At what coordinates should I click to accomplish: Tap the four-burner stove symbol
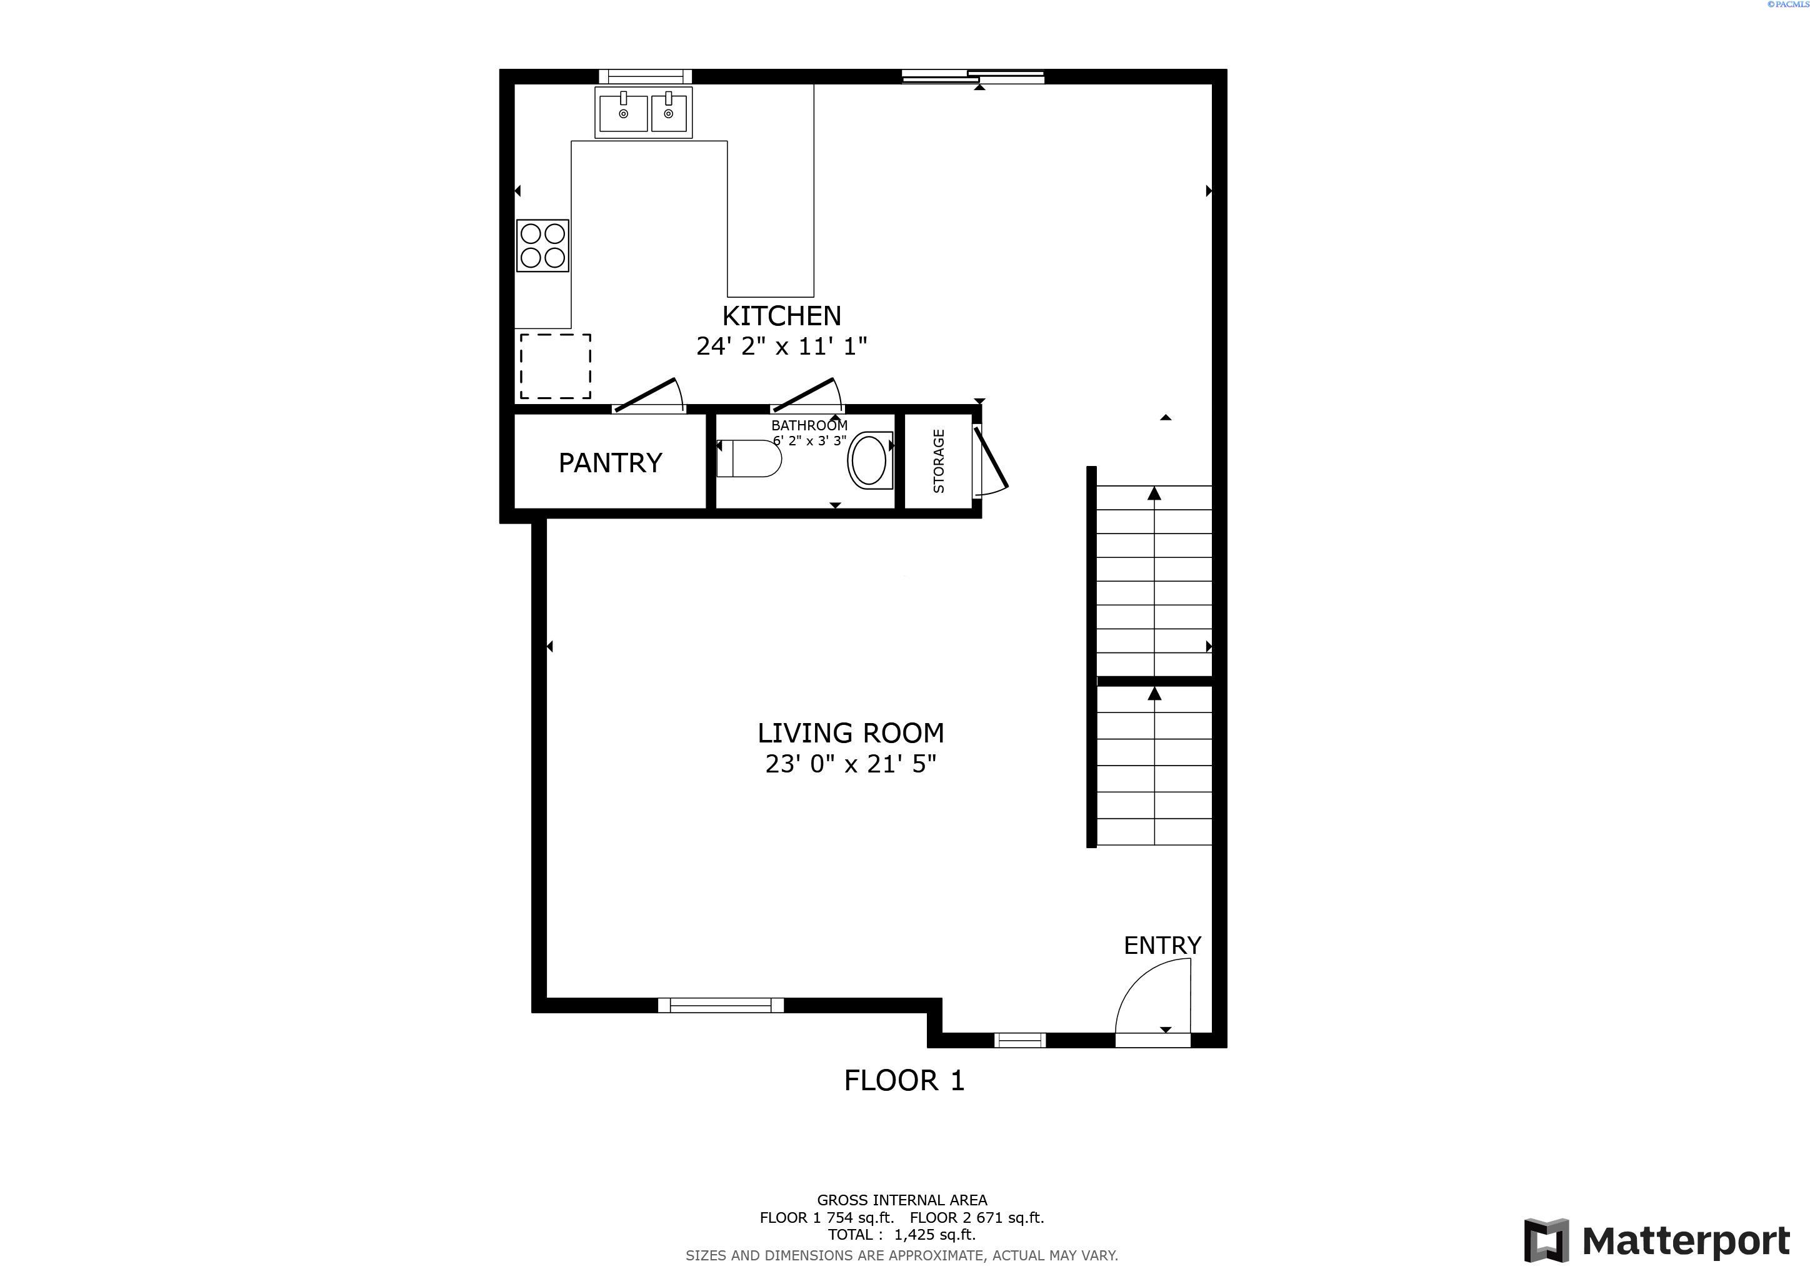[x=542, y=245]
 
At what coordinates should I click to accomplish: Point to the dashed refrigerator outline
[x=555, y=366]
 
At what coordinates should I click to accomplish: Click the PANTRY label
[x=610, y=462]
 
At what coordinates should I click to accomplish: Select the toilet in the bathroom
[x=748, y=458]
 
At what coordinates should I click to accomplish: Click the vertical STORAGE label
[x=939, y=462]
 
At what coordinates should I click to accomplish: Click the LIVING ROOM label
[x=851, y=733]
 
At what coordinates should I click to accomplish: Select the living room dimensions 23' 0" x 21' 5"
[x=851, y=764]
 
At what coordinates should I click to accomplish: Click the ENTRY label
[x=1162, y=945]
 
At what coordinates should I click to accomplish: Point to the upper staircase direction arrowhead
[x=1154, y=494]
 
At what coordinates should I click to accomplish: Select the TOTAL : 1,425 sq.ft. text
[x=901, y=1235]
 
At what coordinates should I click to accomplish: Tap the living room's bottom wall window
[x=721, y=1005]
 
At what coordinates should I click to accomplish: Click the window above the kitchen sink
[x=645, y=76]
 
